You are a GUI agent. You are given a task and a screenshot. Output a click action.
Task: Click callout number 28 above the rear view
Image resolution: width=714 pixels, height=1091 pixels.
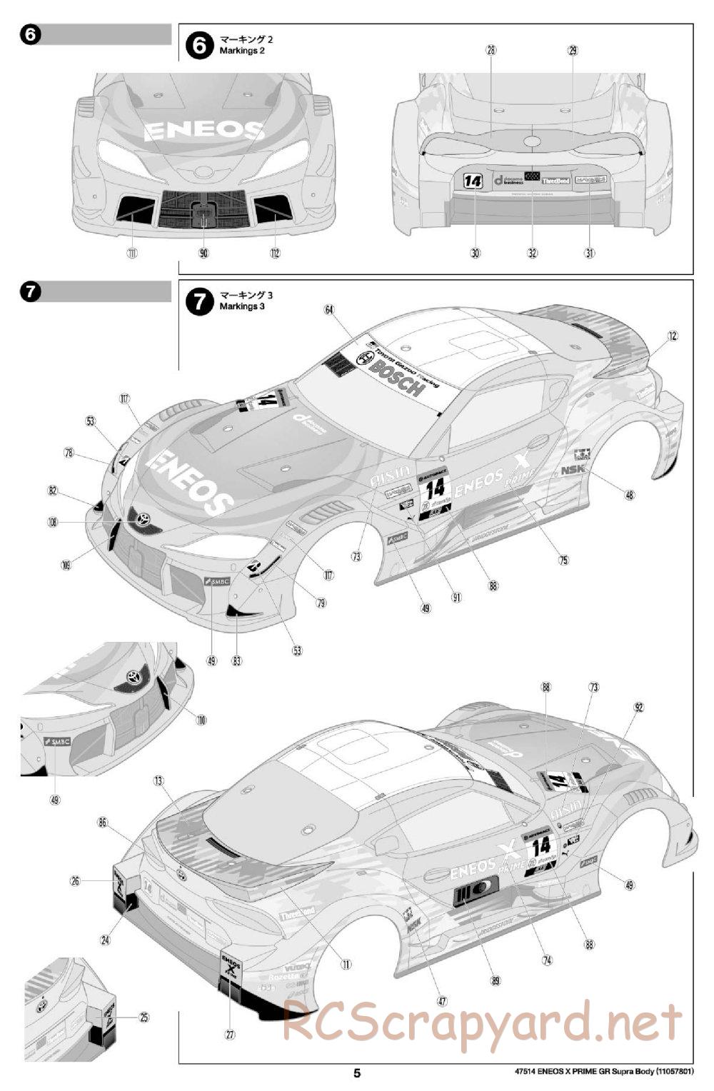(491, 50)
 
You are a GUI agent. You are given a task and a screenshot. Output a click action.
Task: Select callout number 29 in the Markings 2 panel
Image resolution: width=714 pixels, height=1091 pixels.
(573, 50)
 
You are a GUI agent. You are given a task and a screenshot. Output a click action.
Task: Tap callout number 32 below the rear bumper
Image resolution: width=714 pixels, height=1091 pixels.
(532, 253)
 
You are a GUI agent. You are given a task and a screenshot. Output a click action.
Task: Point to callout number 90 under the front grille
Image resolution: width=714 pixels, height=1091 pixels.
(203, 253)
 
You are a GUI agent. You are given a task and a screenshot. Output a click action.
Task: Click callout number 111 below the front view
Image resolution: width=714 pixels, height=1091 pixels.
(132, 253)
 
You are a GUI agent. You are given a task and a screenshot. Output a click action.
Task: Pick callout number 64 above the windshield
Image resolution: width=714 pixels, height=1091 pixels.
(329, 309)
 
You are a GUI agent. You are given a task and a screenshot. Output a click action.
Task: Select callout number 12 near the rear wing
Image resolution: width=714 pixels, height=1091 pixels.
(673, 335)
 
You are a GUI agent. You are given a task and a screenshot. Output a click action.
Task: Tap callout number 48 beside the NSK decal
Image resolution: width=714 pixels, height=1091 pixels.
(629, 494)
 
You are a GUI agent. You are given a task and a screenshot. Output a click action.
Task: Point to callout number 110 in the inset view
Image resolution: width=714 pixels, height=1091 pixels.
(202, 720)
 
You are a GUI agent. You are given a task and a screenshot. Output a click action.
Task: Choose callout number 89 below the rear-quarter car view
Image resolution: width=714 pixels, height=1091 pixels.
(496, 981)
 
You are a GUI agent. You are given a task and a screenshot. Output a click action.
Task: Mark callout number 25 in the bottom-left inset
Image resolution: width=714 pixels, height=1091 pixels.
(144, 1017)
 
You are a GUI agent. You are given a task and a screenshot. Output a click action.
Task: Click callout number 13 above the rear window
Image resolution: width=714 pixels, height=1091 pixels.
(159, 781)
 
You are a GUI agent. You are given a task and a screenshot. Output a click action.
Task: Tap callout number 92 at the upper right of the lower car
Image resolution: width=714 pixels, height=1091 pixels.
(639, 708)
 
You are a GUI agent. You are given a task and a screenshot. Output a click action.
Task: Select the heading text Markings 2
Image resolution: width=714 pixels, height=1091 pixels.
(242, 51)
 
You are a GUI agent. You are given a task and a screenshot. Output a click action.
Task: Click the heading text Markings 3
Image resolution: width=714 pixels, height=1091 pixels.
(242, 306)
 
